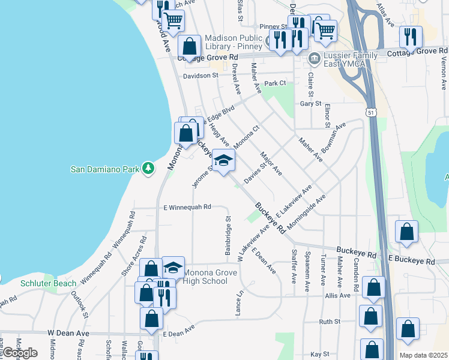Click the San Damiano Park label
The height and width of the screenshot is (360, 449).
coord(104,169)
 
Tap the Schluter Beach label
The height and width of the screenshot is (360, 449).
coord(48,283)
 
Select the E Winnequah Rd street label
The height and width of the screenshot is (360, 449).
coord(187,207)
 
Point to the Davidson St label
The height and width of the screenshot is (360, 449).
coord(200,76)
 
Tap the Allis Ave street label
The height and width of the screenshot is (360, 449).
coord(337,296)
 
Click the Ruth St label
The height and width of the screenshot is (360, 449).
coord(330,322)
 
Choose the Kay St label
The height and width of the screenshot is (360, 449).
coord(320,355)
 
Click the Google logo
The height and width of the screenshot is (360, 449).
coord(20,353)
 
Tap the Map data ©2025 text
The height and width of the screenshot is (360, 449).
coord(424,355)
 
